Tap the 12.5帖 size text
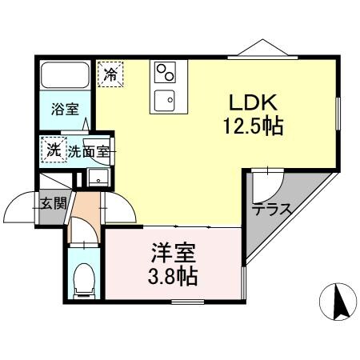[254, 126]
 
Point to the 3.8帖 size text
[173, 278]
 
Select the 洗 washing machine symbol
[54, 148]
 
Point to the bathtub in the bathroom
[65, 77]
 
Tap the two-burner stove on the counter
[166, 74]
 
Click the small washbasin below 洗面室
[98, 178]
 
